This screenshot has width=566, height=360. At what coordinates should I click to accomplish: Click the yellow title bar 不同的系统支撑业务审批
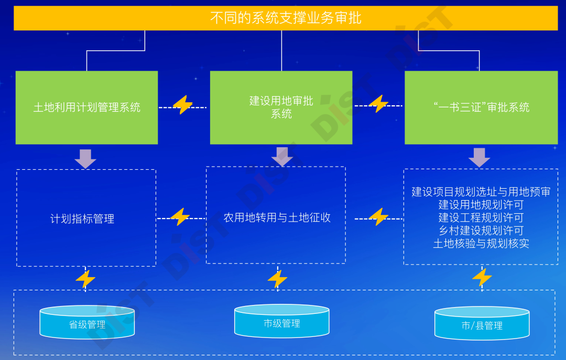pos(286,18)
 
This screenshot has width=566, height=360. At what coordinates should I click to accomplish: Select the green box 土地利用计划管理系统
pos(86,107)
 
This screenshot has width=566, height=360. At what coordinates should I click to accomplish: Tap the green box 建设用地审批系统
pos(281,107)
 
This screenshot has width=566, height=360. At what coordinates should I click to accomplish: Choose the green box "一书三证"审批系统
pos(481,107)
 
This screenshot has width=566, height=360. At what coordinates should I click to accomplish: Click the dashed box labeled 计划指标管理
pos(82,219)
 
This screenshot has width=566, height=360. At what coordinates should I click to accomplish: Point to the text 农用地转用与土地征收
pos(277,217)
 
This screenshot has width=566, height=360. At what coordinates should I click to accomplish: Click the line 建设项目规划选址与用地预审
pos(481,192)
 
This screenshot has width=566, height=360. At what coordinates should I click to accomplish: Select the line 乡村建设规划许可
pos(481,231)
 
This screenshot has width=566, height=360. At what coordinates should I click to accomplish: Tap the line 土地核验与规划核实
pos(481,244)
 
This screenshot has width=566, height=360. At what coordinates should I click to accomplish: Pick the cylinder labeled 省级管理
pos(87,323)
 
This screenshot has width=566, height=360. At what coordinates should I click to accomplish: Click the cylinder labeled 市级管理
pos(281,322)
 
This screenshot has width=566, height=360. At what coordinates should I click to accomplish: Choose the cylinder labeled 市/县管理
pos(482,324)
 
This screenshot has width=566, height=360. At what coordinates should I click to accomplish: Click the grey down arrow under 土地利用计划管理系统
pos(85,158)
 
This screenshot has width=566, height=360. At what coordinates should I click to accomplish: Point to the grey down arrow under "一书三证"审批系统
pos(479,157)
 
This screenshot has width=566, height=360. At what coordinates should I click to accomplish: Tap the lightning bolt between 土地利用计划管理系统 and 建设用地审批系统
pos(183,105)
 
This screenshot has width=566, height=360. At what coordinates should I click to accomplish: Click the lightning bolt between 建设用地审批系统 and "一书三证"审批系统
pos(378,104)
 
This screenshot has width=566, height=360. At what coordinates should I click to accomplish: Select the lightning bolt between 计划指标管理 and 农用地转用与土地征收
pos(180,217)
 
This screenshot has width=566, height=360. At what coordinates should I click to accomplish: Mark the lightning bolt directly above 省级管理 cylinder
pos(85,279)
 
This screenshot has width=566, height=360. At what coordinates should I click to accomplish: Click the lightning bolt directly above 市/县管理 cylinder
pos(482,277)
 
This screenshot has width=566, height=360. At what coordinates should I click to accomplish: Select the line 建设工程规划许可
pos(481,217)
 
